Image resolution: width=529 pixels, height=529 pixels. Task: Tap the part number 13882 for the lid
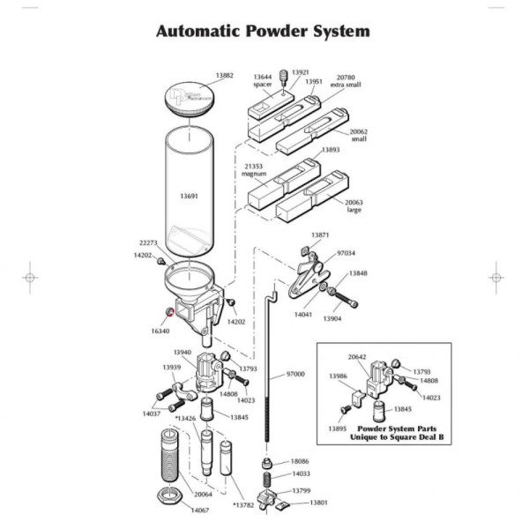pos(224,76)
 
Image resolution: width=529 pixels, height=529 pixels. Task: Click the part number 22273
pos(148,242)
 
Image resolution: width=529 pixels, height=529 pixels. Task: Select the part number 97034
pos(347,253)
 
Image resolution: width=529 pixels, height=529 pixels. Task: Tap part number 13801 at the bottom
pos(318,503)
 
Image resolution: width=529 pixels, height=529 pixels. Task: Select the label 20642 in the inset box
pos(357,357)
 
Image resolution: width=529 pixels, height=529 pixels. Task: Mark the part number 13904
pos(332,318)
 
